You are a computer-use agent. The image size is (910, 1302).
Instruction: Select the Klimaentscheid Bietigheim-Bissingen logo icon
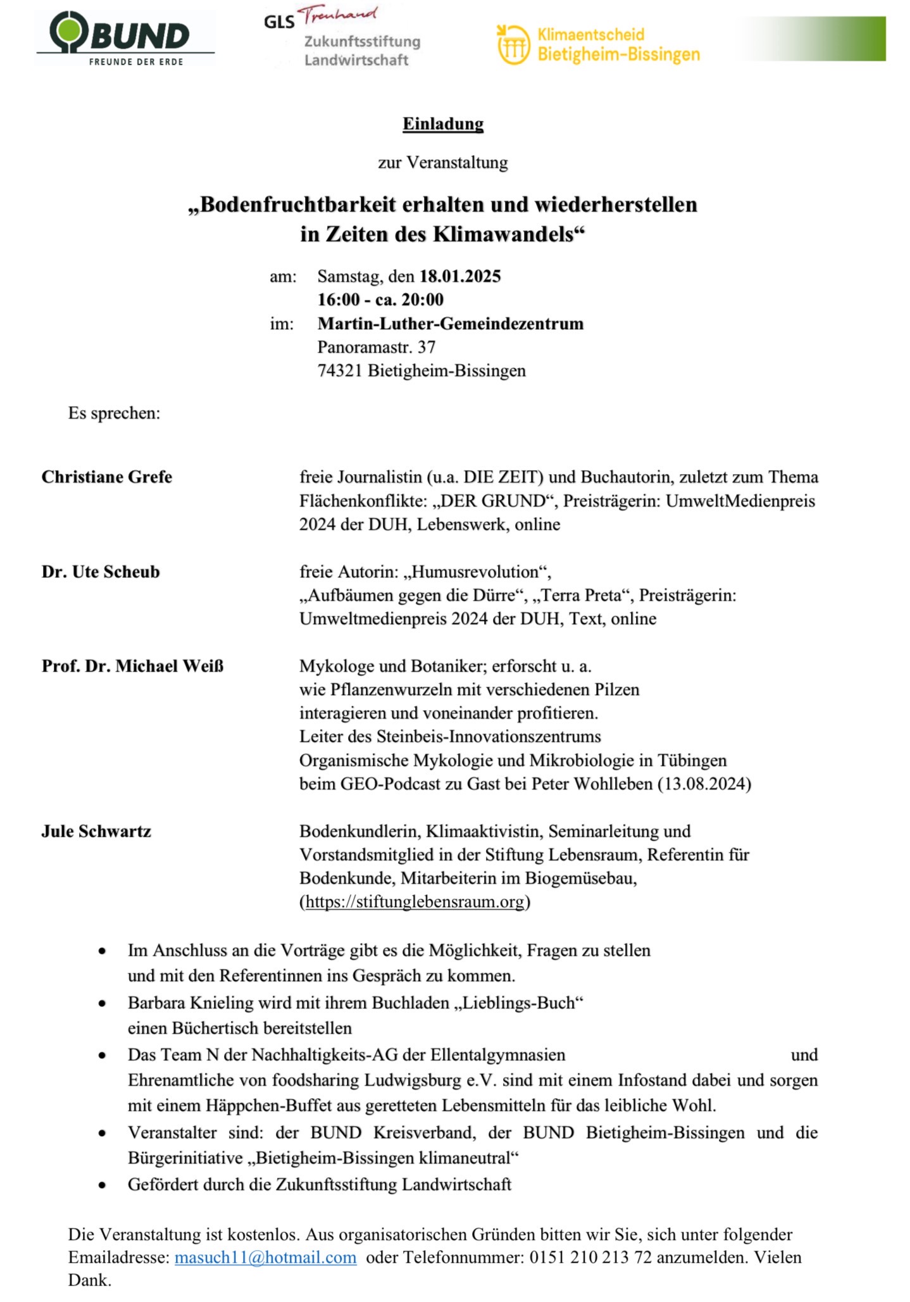pos(513,44)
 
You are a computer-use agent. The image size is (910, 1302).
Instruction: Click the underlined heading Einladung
pos(443,124)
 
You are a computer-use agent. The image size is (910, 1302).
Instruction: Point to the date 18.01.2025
pos(460,277)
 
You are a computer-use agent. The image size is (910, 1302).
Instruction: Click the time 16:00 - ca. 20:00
pos(380,300)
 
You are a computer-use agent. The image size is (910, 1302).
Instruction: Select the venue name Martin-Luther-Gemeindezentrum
pos(450,324)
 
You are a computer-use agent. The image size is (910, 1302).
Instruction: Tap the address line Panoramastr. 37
pos(377,347)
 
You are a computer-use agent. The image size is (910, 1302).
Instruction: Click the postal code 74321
pos(340,371)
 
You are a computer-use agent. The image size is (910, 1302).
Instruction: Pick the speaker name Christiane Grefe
pos(107,477)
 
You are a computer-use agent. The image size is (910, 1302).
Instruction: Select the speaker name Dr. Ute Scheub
pos(101,572)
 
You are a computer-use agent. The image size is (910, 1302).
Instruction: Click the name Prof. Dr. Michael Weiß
pos(133,667)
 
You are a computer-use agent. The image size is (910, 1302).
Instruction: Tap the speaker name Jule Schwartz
pos(96,832)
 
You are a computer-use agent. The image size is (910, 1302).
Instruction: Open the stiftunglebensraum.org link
pos(414,902)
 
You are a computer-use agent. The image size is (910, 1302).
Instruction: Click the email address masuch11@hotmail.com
pos(265,1258)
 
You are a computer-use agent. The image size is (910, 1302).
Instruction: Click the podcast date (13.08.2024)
pos(704,785)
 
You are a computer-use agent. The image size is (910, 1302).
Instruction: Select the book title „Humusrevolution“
pos(477,572)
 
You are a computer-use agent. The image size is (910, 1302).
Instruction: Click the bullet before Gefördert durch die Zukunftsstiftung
pos(102,1185)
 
